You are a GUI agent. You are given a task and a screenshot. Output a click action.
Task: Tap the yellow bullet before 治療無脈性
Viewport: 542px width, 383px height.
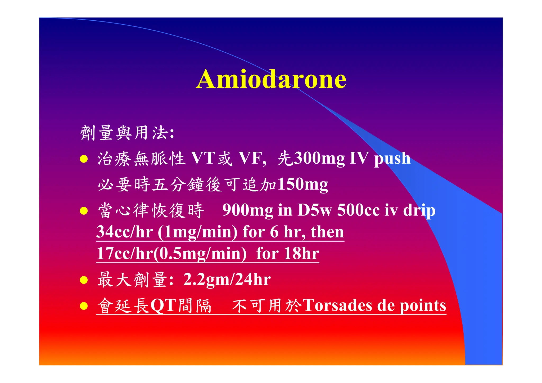(84, 159)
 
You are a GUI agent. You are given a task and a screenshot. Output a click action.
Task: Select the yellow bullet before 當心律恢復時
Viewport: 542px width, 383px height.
(84, 211)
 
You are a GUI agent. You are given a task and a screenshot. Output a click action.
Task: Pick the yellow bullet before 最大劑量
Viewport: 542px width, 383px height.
(84, 280)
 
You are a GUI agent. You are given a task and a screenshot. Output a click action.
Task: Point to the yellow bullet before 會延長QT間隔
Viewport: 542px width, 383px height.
(84, 306)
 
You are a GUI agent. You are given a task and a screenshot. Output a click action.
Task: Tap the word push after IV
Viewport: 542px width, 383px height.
(392, 159)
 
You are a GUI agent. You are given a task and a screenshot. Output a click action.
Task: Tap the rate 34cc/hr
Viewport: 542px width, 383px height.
(125, 232)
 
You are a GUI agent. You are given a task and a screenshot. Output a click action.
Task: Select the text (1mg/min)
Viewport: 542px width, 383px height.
(198, 232)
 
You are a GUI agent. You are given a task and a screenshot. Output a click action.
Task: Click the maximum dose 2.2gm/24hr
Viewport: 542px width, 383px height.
(227, 280)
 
